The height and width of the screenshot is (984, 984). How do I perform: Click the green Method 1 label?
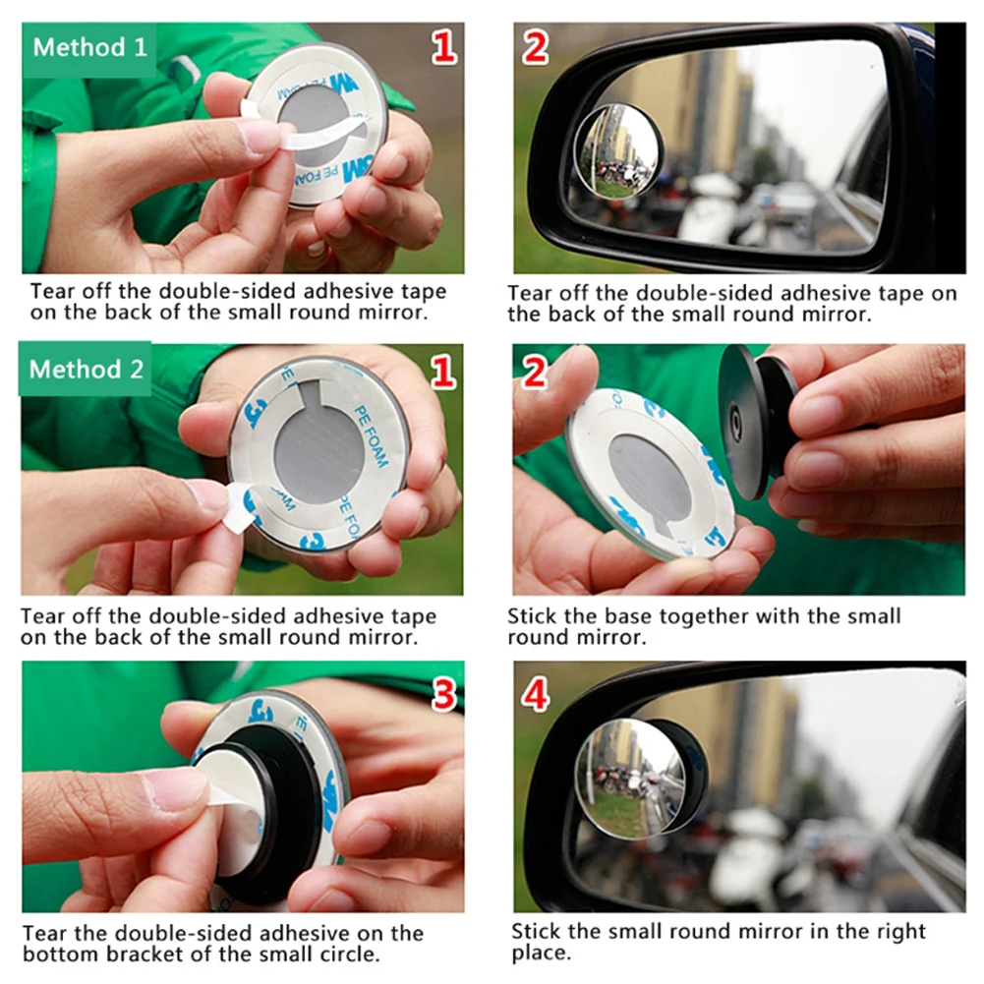89,49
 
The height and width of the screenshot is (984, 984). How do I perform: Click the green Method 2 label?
86,369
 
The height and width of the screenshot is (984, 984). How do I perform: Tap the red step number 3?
443,695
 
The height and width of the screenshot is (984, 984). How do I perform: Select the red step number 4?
536,695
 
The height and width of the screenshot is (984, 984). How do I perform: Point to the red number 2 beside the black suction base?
535,373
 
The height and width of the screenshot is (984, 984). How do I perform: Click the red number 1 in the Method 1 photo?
443,48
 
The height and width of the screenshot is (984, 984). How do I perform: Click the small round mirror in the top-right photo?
617,150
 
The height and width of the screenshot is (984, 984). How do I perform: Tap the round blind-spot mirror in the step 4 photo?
631,779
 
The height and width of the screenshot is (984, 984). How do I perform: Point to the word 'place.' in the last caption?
541,954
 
